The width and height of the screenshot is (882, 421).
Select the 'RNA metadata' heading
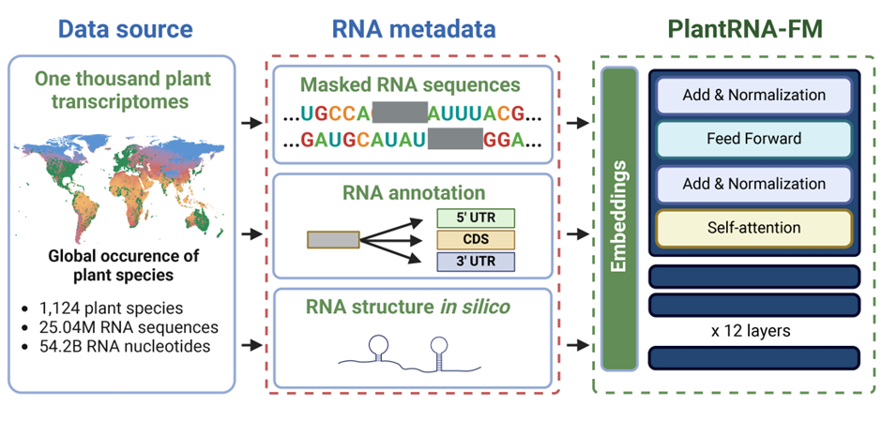(414, 28)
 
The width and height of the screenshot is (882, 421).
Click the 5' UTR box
(476, 218)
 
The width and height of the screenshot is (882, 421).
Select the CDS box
(476, 240)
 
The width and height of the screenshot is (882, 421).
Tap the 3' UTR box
(476, 262)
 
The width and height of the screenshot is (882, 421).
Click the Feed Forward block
(754, 139)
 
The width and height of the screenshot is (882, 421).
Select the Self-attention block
(754, 228)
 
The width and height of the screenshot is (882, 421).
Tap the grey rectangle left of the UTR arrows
(332, 240)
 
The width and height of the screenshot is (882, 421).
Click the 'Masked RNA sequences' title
(410, 84)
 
